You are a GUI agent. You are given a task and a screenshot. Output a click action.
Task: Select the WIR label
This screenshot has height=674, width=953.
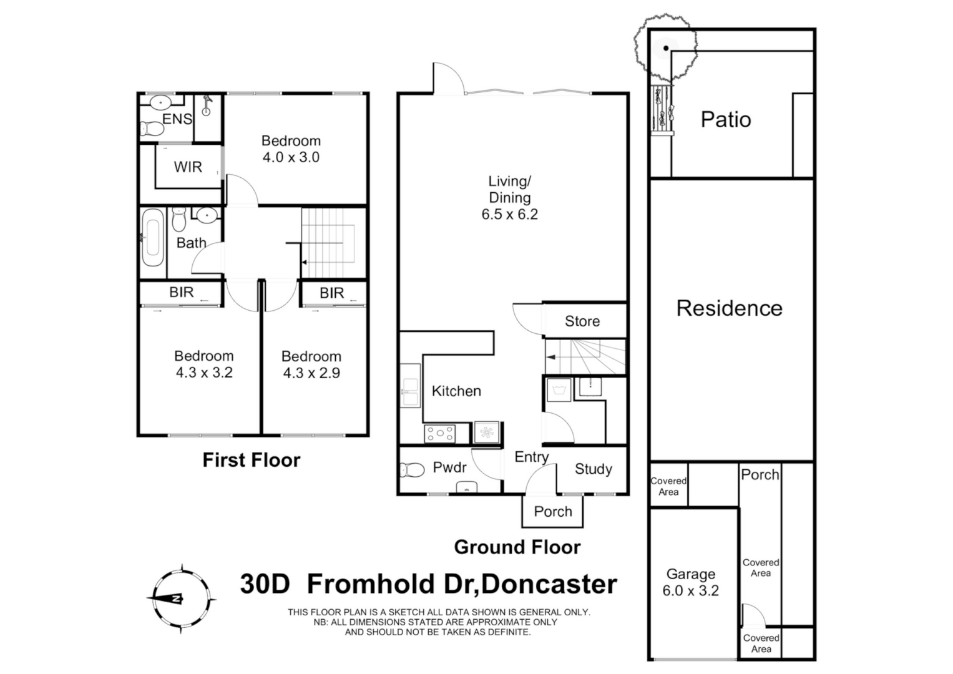coord(188,167)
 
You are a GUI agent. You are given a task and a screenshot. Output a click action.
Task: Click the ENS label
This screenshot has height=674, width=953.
coord(177,119)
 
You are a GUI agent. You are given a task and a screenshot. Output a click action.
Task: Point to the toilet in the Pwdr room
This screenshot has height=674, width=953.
coord(412,469)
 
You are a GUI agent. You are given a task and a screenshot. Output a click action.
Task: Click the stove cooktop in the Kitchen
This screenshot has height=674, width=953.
coord(439,432)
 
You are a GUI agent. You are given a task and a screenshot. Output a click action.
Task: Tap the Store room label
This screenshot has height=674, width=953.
coord(582,321)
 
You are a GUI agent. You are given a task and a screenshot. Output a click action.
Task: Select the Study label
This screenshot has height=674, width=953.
coord(593,469)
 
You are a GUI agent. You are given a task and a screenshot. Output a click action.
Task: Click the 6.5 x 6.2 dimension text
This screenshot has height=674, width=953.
coord(509,215)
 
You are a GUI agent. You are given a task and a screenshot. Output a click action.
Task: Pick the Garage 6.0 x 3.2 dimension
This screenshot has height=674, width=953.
coord(690,591)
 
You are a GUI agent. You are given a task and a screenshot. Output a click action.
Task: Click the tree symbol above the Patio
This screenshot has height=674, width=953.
coord(665,47)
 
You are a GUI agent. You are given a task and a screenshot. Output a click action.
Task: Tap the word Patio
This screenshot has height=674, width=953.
coord(725,120)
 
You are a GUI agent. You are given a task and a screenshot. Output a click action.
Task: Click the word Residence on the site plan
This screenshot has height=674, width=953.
coord(729,308)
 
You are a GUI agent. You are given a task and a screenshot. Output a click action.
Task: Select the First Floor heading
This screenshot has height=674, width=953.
coord(252,461)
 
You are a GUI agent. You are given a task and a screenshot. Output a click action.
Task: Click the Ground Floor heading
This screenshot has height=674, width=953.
coord(517,547)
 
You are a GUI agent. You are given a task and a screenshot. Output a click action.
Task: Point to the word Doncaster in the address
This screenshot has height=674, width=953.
coord(550,585)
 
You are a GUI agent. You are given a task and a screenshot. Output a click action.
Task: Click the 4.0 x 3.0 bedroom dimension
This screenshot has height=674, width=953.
coord(291,158)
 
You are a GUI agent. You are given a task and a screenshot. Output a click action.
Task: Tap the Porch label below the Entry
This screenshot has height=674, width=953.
coord(553,512)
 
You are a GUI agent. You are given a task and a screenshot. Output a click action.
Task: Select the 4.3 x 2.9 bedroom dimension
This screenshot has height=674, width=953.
coord(311,373)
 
